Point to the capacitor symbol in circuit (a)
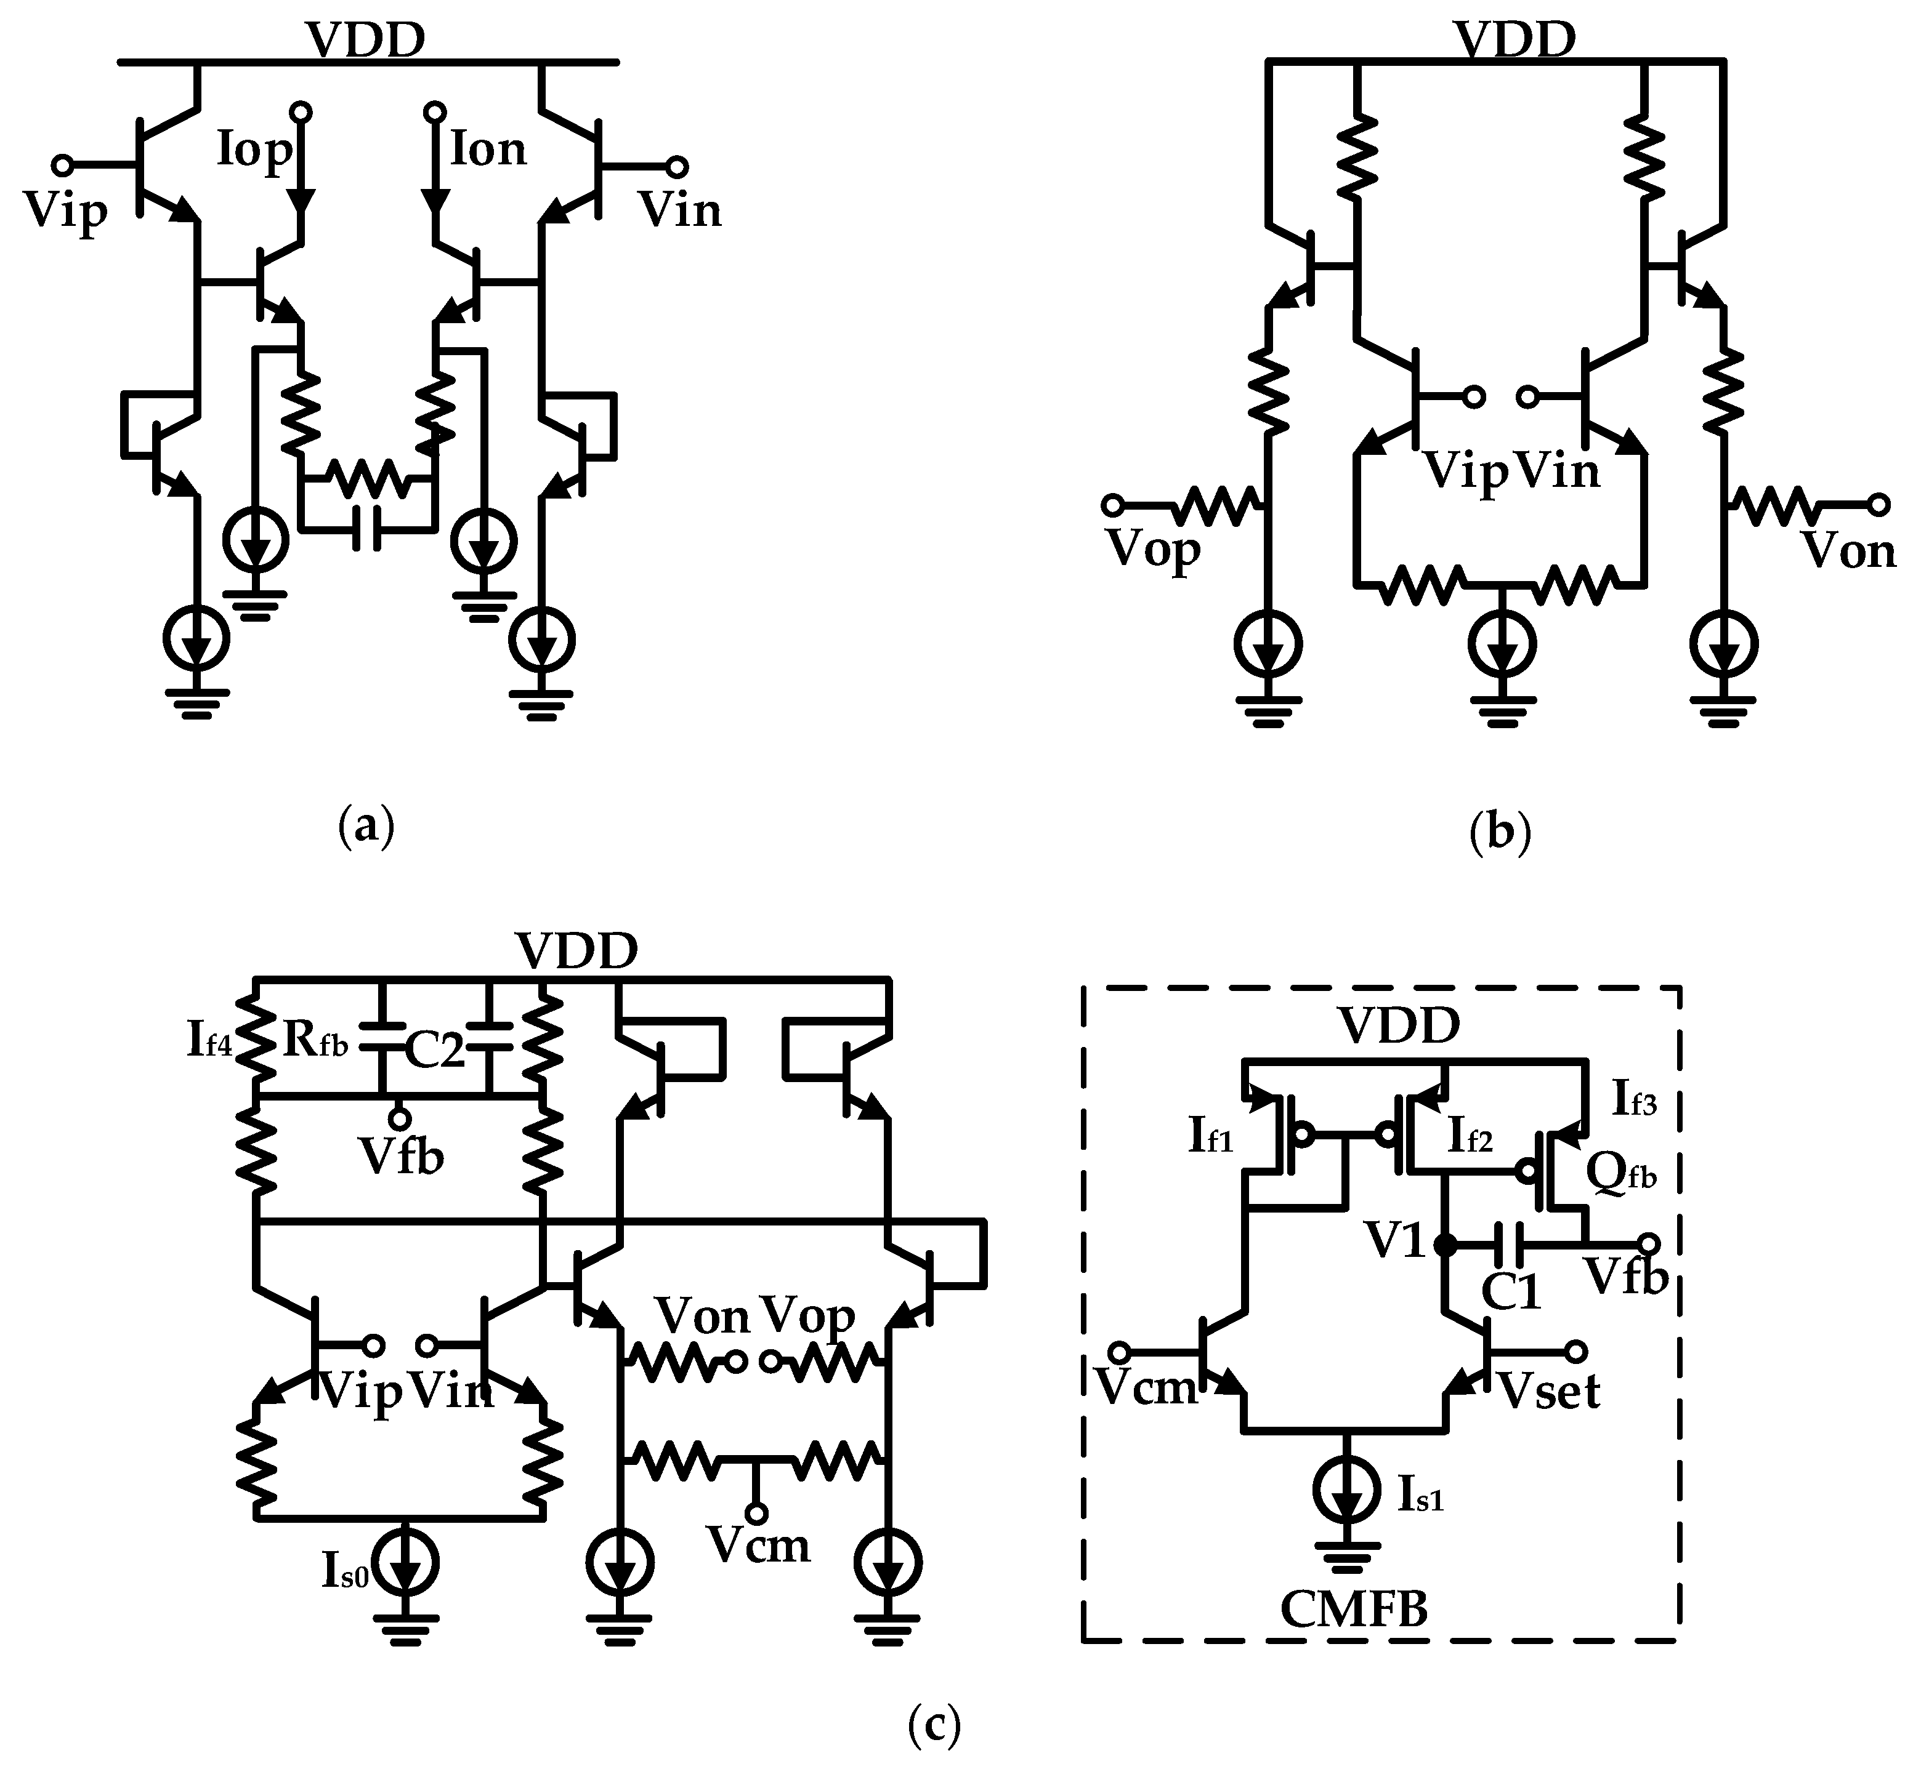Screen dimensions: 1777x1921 coord(366,528)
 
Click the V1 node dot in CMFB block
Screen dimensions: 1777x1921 coord(1444,1245)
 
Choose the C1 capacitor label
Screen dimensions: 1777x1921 coord(1511,1291)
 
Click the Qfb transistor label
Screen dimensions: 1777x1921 coord(1621,1172)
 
